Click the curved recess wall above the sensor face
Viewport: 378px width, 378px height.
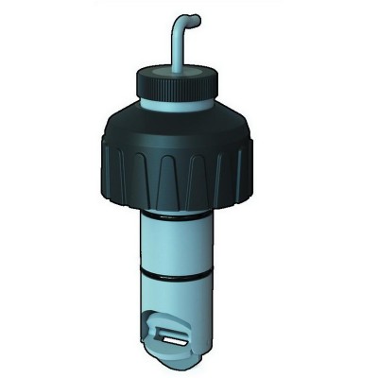pyautogui.click(x=161, y=317)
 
